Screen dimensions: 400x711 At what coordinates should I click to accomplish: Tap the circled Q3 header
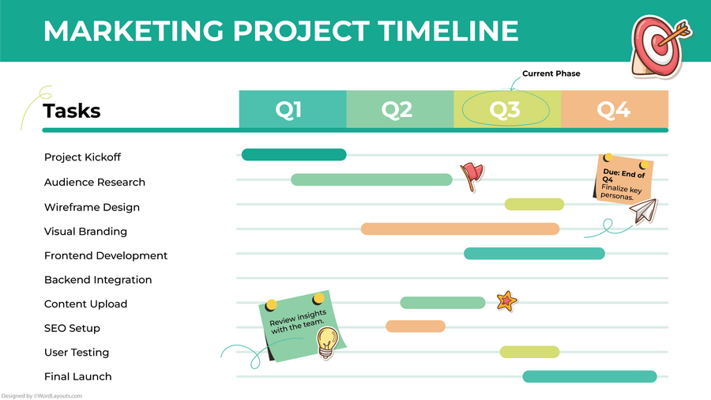505,109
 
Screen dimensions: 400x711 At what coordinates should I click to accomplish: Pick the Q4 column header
614,109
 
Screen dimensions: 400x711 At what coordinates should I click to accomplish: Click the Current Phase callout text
551,74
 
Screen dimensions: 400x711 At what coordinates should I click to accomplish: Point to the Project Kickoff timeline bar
294,154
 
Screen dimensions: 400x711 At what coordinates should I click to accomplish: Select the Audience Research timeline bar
371,179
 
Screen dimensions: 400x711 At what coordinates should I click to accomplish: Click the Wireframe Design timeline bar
534,205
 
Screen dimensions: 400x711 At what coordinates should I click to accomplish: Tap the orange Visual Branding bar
460,229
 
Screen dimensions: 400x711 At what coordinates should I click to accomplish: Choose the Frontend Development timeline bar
534,254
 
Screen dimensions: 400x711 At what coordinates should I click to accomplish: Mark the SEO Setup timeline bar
416,326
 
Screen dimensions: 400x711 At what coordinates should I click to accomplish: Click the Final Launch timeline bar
589,376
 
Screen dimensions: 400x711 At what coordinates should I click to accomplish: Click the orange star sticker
506,300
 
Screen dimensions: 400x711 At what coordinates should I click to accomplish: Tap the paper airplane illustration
643,210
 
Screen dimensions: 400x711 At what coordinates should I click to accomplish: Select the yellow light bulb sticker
327,342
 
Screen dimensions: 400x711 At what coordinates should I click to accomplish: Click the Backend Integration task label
98,280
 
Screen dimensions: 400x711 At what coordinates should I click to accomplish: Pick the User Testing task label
77,353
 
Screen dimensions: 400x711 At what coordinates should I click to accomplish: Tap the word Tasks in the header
72,111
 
